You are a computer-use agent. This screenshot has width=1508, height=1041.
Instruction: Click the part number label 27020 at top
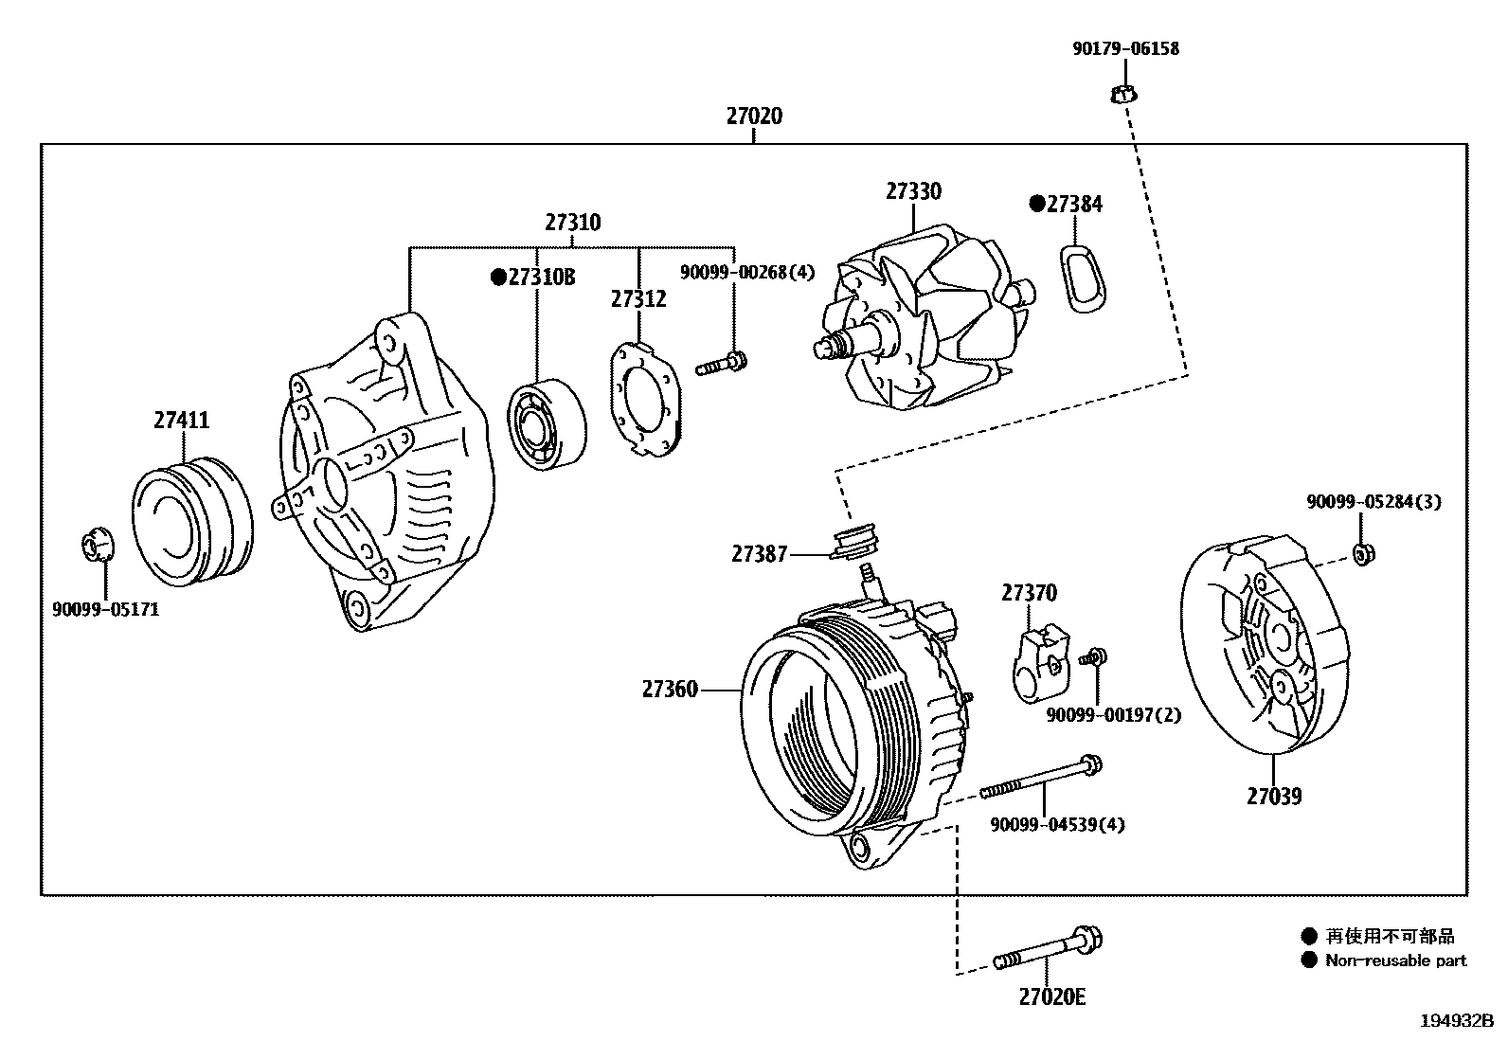[x=754, y=117]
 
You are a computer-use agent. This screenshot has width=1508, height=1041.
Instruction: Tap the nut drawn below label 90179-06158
[x=1122, y=94]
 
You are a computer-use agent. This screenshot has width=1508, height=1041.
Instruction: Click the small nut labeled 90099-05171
[x=95, y=547]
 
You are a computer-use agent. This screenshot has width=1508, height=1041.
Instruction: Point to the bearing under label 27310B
[x=545, y=423]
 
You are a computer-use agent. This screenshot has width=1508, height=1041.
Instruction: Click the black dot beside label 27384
[x=1036, y=204]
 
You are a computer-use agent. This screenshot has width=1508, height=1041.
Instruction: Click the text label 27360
[x=670, y=690]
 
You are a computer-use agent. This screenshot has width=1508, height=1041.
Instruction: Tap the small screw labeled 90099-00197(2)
[x=1097, y=656]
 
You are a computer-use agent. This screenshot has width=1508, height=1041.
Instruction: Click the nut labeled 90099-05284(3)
[x=1361, y=554]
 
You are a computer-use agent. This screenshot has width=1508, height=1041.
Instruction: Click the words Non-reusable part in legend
[x=1395, y=960]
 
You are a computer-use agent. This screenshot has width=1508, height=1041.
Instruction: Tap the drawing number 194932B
[x=1455, y=1021]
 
